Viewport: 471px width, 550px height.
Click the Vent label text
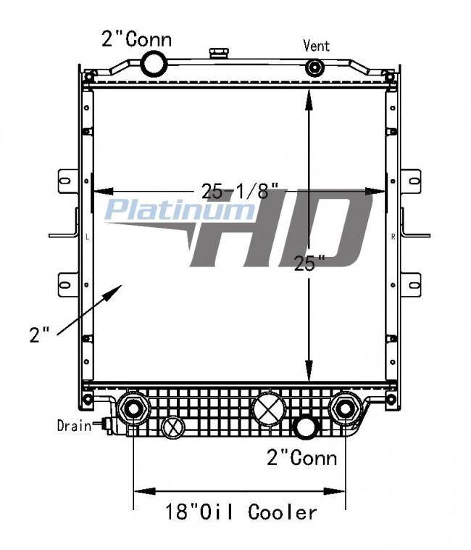coord(316,46)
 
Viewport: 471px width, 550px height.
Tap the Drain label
coord(74,426)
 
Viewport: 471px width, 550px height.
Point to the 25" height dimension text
coord(309,263)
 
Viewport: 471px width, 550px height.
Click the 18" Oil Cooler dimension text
coord(241,512)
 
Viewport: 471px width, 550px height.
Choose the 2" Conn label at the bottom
coord(302,458)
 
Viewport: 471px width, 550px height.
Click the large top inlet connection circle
coord(154,63)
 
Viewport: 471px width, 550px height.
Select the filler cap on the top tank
coord(219,54)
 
